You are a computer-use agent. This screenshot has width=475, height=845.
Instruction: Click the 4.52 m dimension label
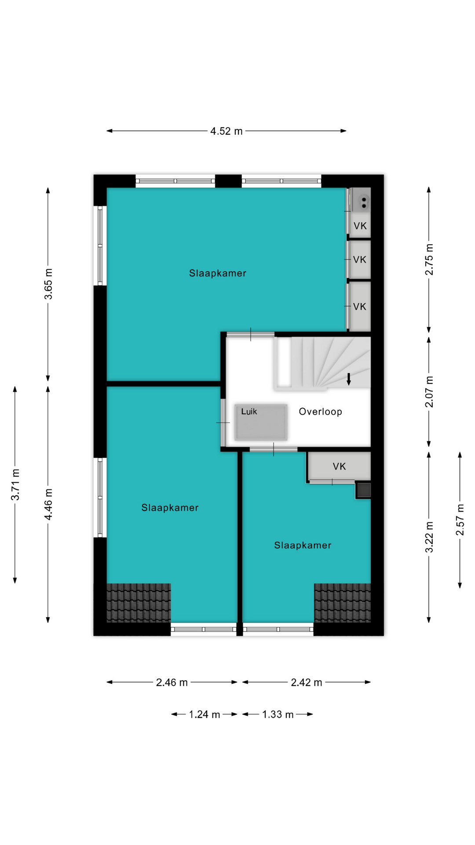(x=226, y=131)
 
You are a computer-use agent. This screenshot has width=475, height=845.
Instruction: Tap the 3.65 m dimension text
(x=48, y=284)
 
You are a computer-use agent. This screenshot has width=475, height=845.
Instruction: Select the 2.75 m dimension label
(x=429, y=260)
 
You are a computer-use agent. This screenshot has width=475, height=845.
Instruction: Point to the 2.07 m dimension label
(x=429, y=392)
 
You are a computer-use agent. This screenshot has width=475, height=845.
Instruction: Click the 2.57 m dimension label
(x=460, y=520)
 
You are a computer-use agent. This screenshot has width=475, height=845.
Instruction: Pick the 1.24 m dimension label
(x=205, y=714)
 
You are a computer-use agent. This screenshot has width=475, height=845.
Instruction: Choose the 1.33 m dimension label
(x=278, y=714)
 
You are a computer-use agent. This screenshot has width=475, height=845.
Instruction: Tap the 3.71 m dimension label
(x=15, y=485)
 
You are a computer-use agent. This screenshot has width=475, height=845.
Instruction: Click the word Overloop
(x=321, y=411)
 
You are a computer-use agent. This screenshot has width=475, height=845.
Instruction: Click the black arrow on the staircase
(x=349, y=379)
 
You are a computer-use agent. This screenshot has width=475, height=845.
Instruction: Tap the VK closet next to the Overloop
(x=339, y=467)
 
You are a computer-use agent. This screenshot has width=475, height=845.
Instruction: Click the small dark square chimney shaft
(x=363, y=490)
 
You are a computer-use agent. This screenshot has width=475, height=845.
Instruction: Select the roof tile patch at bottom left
(x=139, y=603)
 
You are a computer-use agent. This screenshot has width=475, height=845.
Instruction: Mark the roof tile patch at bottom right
(x=342, y=603)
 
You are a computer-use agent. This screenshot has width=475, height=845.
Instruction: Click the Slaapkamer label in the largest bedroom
(x=218, y=273)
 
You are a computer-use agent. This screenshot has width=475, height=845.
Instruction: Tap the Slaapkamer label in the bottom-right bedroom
(x=303, y=545)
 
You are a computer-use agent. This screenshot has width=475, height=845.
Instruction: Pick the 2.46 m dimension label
(x=172, y=683)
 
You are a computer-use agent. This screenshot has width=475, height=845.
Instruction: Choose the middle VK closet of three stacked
(x=360, y=260)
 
